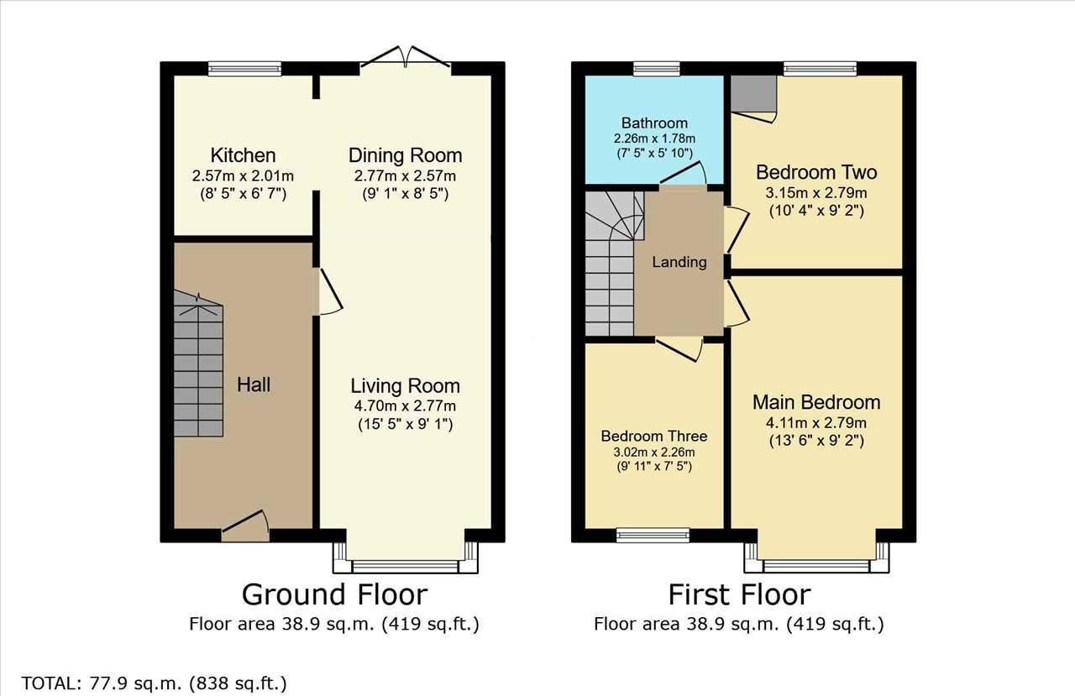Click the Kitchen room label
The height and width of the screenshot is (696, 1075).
click(x=243, y=155)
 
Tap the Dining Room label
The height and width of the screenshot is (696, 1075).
click(x=405, y=155)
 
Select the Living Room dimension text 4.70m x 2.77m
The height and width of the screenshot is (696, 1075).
click(x=405, y=406)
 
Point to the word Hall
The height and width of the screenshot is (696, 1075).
click(x=254, y=385)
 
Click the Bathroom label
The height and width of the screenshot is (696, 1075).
click(x=654, y=123)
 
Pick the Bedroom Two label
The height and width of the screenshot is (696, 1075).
click(x=816, y=172)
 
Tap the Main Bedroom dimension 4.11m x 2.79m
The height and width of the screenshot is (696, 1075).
click(x=816, y=423)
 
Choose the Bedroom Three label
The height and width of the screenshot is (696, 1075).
click(x=654, y=436)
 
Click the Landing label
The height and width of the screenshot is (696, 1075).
click(x=679, y=262)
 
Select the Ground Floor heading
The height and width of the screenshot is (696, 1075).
click(x=334, y=594)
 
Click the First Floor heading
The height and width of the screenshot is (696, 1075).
click(x=740, y=594)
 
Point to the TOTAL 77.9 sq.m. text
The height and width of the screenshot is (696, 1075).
click(x=154, y=683)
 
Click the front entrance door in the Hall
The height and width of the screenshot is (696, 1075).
click(x=245, y=526)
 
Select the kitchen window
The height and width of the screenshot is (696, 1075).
click(x=244, y=69)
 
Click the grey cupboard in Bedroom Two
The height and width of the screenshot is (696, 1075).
click(x=753, y=93)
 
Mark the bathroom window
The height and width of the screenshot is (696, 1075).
click(x=657, y=69)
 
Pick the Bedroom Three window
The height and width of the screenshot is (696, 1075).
click(x=653, y=536)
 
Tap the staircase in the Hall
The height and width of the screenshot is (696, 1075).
click(x=198, y=364)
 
